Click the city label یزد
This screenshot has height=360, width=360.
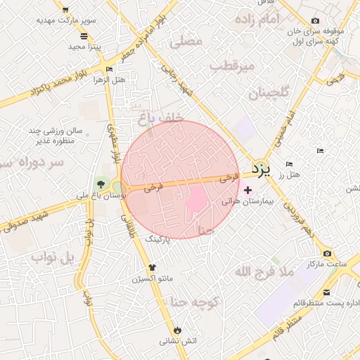coord(261,169)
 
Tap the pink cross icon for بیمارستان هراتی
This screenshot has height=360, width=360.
coord(247,190)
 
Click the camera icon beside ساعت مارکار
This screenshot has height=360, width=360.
coord(327,253)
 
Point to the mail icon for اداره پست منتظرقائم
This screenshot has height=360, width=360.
coord(328,292)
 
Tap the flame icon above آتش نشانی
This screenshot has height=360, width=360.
coord(177,329)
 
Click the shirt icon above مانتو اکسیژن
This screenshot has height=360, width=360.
coord(152,267)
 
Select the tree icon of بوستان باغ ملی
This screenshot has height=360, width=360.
coord(101,184)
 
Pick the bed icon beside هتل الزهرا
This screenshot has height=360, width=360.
coord(108,69)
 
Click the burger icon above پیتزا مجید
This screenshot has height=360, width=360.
coord(84,36)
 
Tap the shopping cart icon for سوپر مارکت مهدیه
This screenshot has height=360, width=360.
coord(65,10)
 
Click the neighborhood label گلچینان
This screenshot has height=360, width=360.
coord(269,93)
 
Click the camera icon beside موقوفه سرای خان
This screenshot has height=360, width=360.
coord(314,21)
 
